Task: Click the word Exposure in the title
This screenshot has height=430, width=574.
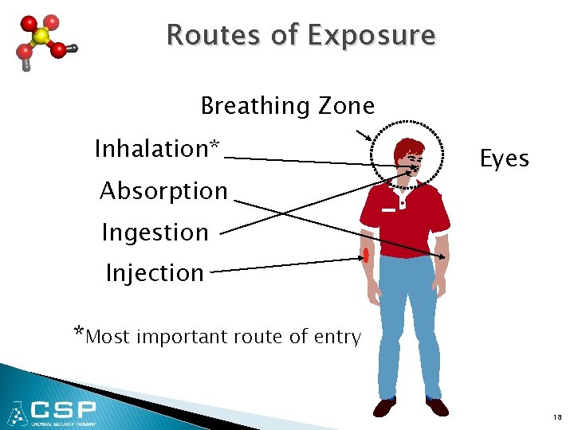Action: point(372,37)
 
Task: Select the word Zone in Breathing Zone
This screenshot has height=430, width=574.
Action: point(346,106)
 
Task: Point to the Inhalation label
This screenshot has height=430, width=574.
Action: point(156,149)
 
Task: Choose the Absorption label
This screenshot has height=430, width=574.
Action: point(163,191)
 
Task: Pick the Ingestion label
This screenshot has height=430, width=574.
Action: point(155,233)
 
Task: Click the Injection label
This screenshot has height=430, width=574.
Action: point(155,273)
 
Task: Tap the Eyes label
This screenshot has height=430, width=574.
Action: point(504,159)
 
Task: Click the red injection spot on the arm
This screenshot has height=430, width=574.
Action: point(367,255)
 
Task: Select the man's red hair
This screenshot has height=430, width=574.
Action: point(409,147)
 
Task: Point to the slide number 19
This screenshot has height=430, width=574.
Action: point(558,417)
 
